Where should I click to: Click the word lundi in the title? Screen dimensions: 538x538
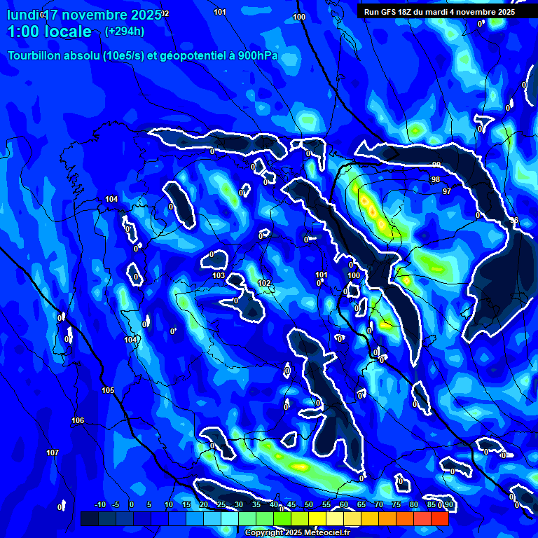pyautogui.click(x=22, y=15)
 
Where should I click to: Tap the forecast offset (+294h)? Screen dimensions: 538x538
pyautogui.click(x=124, y=32)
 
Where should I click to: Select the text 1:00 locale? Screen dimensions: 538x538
pyautogui.click(x=50, y=32)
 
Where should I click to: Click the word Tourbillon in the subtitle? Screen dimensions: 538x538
pyautogui.click(x=35, y=56)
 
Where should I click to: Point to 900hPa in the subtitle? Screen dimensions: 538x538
pyautogui.click(x=258, y=56)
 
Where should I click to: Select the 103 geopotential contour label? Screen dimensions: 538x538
pyautogui.click(x=219, y=275)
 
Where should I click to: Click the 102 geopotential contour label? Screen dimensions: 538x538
pyautogui.click(x=264, y=283)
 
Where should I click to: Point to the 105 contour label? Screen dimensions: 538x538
pyautogui.click(x=108, y=390)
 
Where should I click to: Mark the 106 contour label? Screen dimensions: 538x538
pyautogui.click(x=78, y=420)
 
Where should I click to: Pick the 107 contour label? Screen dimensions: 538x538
pyautogui.click(x=53, y=453)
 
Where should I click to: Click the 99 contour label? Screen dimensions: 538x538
pyautogui.click(x=436, y=165)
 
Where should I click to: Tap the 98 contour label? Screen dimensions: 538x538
pyautogui.click(x=436, y=180)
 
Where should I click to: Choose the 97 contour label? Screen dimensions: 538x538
pyautogui.click(x=447, y=191)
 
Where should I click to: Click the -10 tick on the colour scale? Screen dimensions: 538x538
pyautogui.click(x=99, y=504)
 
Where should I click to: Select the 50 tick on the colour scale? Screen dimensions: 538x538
pyautogui.click(x=309, y=504)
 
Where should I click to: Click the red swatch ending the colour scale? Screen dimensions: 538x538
pyautogui.click(x=439, y=518)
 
